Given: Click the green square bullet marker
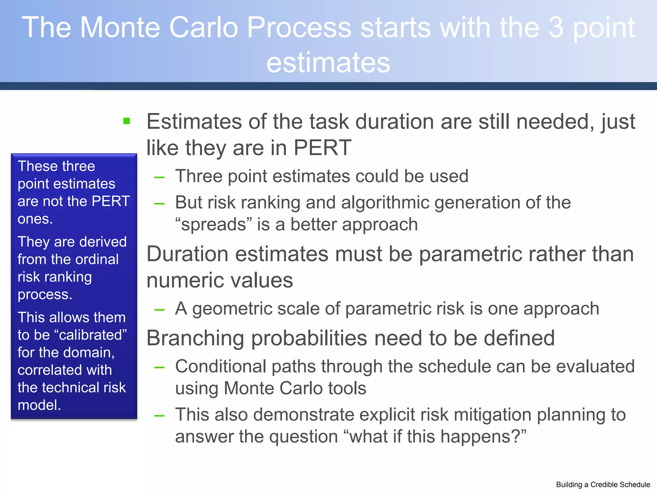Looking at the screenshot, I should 127,121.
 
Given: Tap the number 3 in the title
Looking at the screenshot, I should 556,28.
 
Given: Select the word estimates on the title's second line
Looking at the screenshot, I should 328,63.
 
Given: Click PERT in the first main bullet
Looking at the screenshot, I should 322,148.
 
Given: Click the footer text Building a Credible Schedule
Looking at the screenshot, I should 603,485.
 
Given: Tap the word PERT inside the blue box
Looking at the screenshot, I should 111,201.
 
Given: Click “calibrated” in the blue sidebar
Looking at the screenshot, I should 93,335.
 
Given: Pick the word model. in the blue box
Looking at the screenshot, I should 39,405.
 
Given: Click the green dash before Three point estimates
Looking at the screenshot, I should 159,177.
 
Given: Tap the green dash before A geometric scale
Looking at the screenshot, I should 159,310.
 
